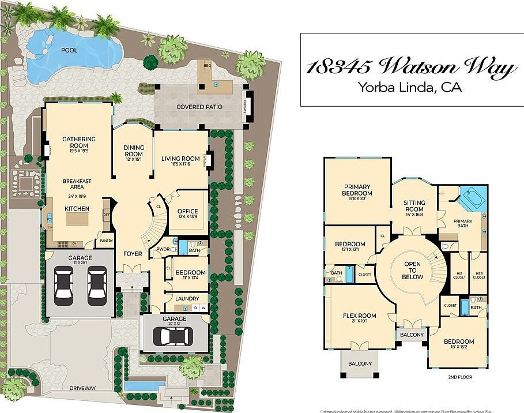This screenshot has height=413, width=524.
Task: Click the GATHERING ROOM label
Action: tap(79, 142)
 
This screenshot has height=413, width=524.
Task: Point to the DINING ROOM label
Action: tap(134, 151)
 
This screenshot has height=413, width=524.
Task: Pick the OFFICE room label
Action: tap(187, 212)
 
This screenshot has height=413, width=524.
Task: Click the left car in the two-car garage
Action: tap(63, 285)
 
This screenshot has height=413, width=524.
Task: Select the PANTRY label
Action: tap(106, 241)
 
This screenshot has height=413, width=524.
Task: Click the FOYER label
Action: tap(133, 253)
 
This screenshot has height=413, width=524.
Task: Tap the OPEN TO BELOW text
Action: tap(413, 271)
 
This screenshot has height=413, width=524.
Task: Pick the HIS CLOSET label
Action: tap(459, 275)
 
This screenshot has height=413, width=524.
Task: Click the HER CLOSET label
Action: tap(479, 275)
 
